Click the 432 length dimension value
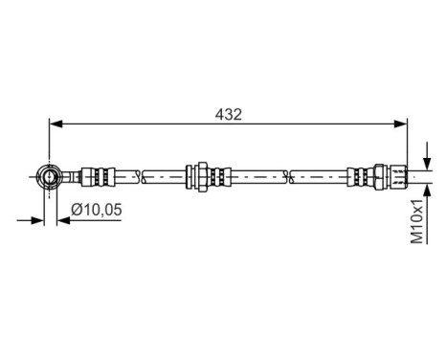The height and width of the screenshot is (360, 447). pos(229,113)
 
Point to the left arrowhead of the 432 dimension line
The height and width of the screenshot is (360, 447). pos(56,123)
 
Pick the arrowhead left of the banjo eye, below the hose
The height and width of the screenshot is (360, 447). pos(38,219)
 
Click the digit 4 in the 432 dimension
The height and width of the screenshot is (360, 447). pos(219,113)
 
